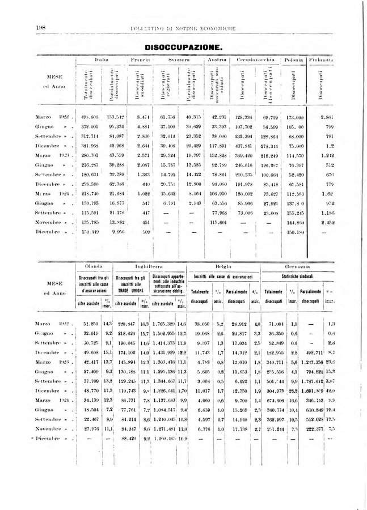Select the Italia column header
(x=102, y=59)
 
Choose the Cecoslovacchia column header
(x=256, y=59)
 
